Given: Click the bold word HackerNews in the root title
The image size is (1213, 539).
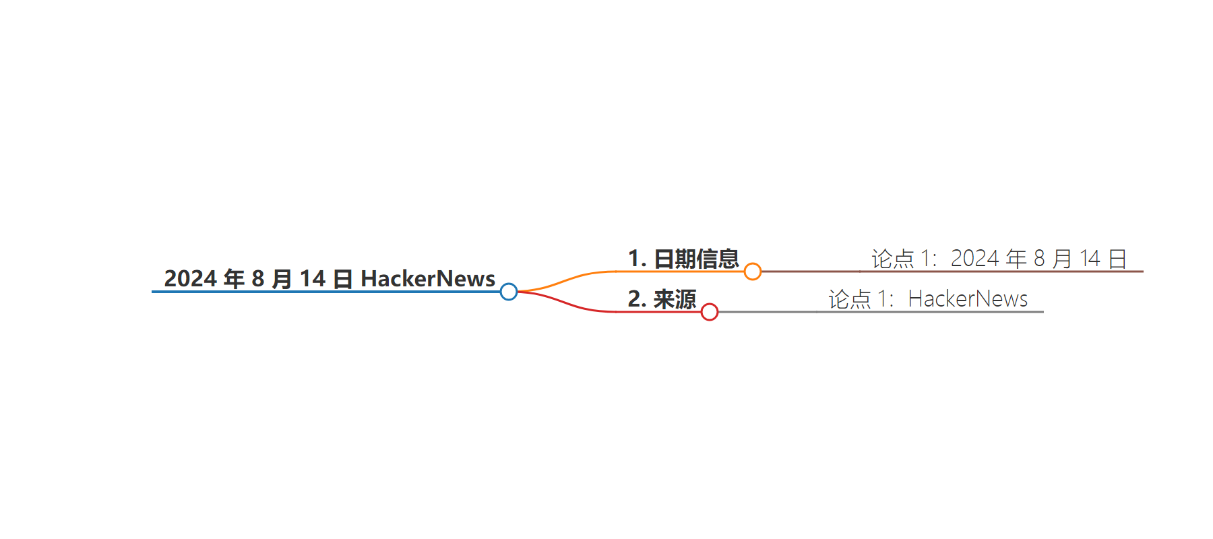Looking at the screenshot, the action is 428,278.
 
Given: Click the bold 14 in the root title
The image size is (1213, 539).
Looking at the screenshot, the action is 313,278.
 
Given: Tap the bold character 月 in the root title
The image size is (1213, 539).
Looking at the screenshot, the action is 282,279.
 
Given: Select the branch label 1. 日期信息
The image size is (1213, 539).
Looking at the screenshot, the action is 683,259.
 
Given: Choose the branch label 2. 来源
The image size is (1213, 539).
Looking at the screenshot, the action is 662,299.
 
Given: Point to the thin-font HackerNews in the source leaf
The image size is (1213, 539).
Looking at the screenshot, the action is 968,298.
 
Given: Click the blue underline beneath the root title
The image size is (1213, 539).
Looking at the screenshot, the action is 326,292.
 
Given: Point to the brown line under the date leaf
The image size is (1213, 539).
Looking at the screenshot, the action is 952,272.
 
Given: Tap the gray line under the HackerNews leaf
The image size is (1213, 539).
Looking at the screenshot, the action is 881,312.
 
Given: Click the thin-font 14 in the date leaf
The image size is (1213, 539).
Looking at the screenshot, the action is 1090,259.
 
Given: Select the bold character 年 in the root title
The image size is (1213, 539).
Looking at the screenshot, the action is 234,279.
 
